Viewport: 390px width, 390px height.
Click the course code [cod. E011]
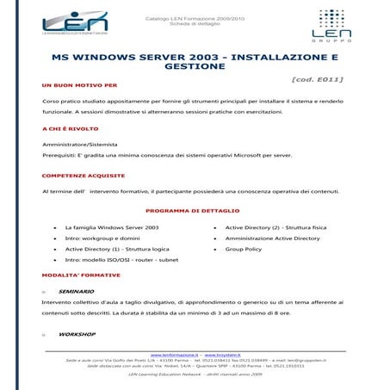[319, 79]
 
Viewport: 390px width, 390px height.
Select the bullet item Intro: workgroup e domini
[102, 238]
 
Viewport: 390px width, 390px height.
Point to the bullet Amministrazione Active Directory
[272, 238]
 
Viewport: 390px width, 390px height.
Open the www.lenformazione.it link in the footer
[175, 354]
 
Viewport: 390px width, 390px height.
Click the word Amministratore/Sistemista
[80, 144]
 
